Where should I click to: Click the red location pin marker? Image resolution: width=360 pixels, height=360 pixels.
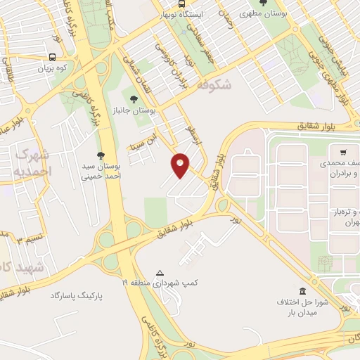(181, 165)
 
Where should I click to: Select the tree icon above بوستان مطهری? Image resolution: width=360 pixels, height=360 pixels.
(262, 3)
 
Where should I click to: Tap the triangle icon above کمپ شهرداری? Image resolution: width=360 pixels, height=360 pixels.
(160, 273)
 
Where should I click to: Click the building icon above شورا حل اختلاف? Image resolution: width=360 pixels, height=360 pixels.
(302, 291)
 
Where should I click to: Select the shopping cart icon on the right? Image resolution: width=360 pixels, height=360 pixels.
(342, 152)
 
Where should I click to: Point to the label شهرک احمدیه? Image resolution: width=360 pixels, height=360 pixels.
(32, 162)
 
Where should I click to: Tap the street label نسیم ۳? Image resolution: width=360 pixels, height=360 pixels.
(28, 238)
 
